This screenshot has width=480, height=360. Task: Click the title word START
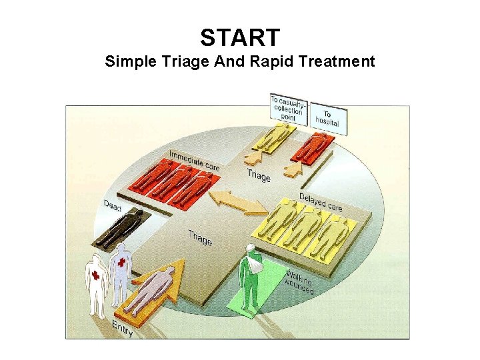coord(240,37)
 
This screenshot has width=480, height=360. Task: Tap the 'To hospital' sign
coord(327,119)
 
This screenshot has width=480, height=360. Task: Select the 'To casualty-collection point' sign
coord(288,108)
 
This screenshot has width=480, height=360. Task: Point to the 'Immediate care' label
coord(193,160)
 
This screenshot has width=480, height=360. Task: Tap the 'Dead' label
coord(112,206)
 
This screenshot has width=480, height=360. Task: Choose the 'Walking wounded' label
coord(299,281)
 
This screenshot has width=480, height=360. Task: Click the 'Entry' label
coord(122,327)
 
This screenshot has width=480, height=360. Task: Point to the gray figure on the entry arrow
coord(149,290)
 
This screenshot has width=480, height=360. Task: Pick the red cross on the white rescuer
coord(95,275)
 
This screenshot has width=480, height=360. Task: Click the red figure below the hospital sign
coord(311,147)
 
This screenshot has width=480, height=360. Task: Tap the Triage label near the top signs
coord(259,175)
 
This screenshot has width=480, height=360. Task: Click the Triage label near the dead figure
coord(199,237)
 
